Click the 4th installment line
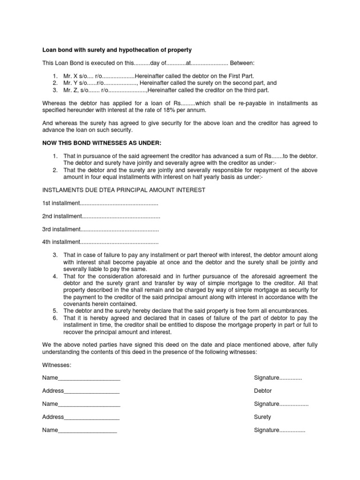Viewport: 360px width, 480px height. [100, 242]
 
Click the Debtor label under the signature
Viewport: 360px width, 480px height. [262, 391]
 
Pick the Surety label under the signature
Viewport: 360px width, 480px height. [262, 417]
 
